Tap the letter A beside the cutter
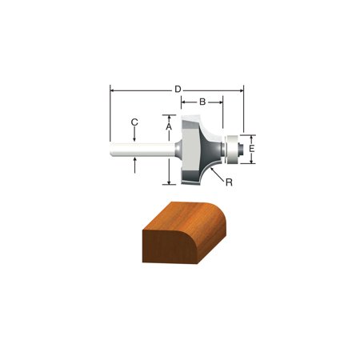click(169, 126)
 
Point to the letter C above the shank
click(135, 122)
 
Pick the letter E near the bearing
click(252, 148)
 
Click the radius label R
click(229, 182)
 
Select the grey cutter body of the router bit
click(196, 148)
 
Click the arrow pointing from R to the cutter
click(216, 171)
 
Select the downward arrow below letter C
click(135, 137)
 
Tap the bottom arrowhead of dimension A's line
click(170, 181)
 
